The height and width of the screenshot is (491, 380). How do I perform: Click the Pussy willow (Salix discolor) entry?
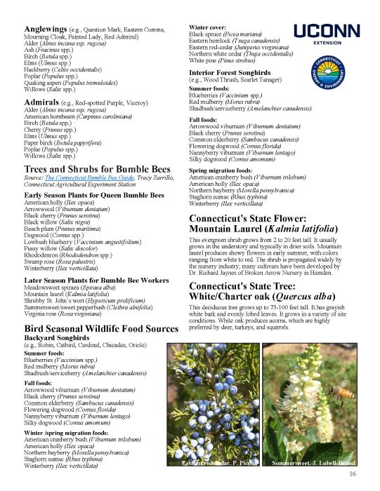[59, 248]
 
